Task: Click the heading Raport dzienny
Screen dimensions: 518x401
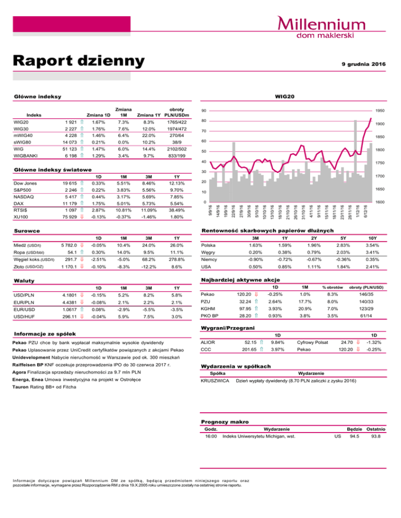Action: [x=76, y=60]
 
